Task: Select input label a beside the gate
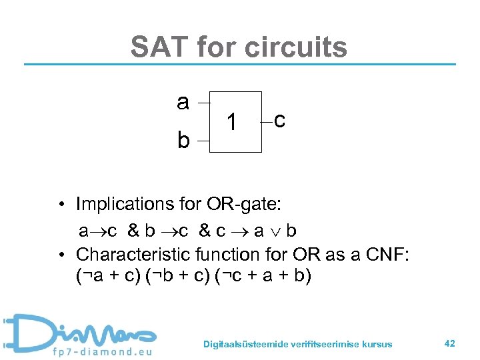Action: [183, 102]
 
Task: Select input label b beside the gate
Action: [183, 141]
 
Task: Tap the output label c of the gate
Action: [280, 121]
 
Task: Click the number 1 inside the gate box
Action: [231, 123]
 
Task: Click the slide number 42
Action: [449, 343]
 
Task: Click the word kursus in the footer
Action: [379, 344]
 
